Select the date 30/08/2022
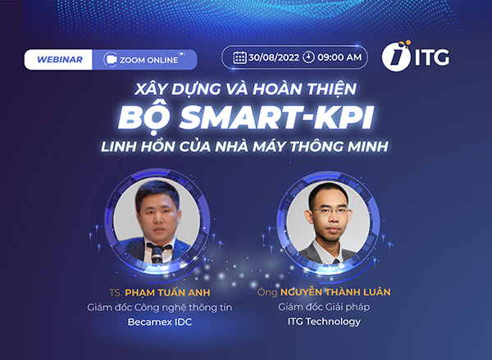(273, 57)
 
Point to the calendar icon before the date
(239, 57)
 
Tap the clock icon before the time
(308, 57)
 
